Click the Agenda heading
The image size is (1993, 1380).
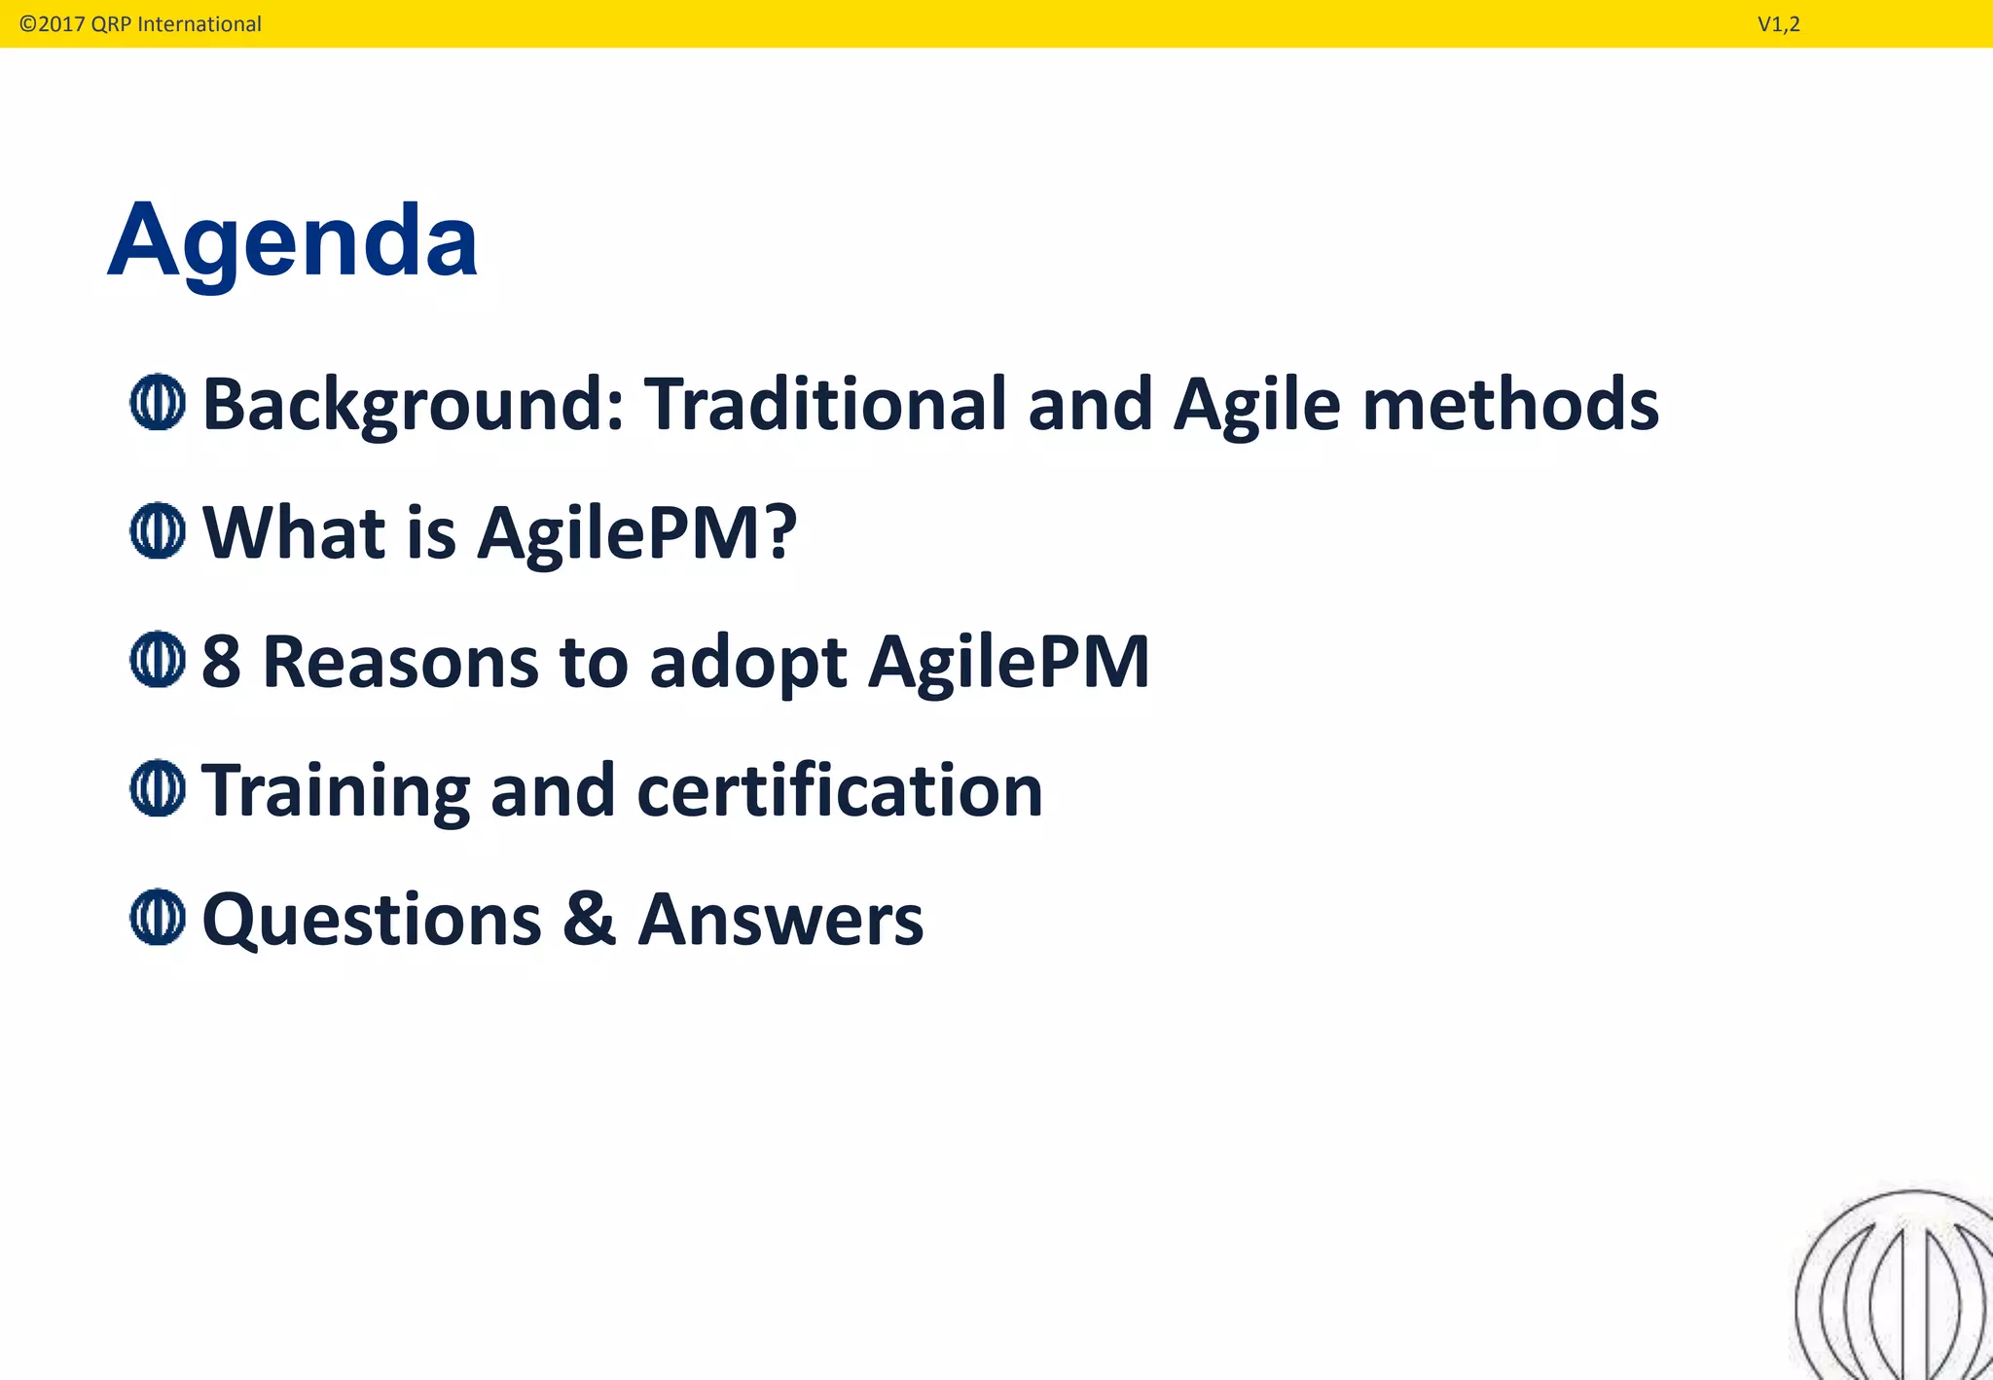[x=292, y=240]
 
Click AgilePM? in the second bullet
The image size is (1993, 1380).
[x=636, y=533]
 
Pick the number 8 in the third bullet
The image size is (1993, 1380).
[x=221, y=662]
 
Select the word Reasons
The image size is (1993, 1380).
[x=400, y=662]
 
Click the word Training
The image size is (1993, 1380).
[x=335, y=790]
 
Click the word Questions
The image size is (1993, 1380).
[x=371, y=920]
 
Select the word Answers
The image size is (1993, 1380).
[x=780, y=920]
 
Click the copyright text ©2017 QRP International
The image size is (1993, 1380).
[x=140, y=23]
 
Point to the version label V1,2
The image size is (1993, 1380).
[x=1778, y=24]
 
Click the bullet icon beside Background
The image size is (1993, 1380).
[x=157, y=402]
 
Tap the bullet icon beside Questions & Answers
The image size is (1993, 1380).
[x=157, y=917]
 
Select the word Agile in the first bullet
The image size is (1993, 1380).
[x=1256, y=405]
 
